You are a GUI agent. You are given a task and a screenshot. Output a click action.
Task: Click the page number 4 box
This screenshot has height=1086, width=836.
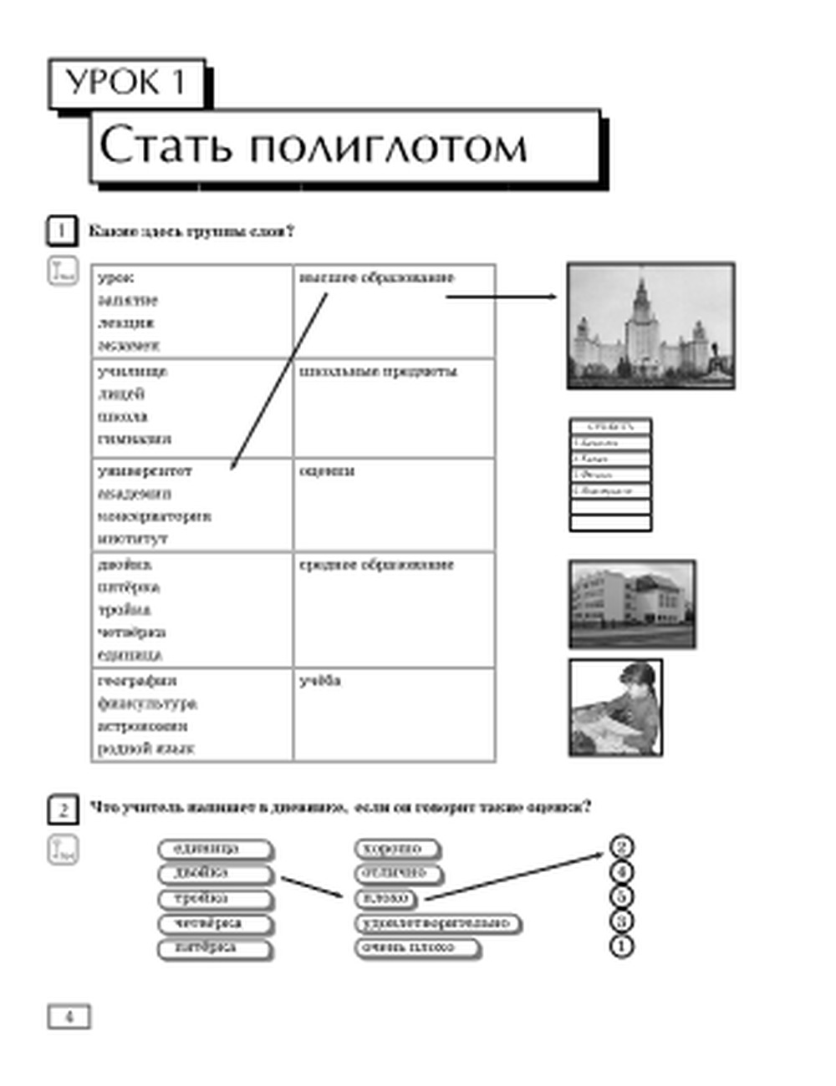69,1017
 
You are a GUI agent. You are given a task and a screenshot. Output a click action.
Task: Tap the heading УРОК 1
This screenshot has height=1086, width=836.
125,83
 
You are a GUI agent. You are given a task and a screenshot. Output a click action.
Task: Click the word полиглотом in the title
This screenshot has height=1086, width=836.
388,146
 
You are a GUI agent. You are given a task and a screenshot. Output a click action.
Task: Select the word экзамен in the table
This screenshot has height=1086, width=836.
128,345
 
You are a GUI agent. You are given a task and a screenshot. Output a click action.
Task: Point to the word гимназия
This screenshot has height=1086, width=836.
134,439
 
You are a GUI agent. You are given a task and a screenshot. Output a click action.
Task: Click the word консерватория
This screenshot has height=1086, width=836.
154,516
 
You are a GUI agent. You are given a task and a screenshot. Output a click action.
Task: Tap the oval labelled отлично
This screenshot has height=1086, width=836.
398,873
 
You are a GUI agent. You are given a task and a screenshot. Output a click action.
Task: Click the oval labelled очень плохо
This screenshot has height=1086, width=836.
417,947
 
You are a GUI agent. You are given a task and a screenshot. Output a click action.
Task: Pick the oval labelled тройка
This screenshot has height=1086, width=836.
215,899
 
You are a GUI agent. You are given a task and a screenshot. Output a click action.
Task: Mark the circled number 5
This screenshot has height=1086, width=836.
621,897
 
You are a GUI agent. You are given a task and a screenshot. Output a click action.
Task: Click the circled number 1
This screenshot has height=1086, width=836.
621,946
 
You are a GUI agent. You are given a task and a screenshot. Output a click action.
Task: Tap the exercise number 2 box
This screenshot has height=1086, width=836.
63,809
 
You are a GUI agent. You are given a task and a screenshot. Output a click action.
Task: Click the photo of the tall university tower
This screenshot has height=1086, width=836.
650,326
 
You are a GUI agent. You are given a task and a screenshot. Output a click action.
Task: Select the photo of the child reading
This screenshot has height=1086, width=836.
615,708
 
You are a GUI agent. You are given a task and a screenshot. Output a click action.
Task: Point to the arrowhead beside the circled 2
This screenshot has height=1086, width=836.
599,854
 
